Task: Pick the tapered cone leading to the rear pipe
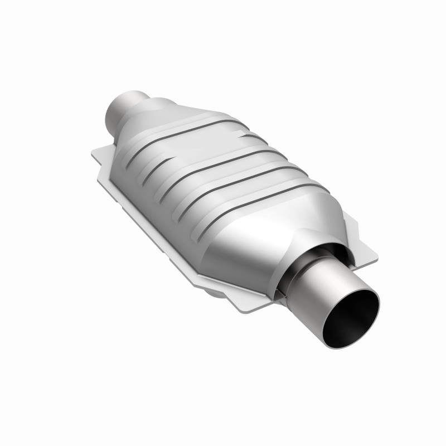coord(151,117)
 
